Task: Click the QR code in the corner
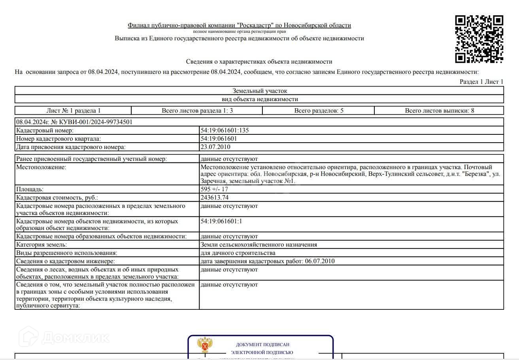(479, 39)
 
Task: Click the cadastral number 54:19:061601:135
(225, 130)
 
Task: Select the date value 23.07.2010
(215, 147)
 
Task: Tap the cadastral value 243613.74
(214, 198)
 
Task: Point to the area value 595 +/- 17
(214, 189)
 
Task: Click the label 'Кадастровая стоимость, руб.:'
(57, 198)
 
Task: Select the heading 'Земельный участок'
(259, 91)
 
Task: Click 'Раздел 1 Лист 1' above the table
(481, 82)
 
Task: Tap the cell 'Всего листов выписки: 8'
(439, 111)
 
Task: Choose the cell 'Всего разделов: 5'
(319, 111)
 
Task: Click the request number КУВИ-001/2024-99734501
(74, 122)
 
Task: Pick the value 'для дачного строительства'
(238, 253)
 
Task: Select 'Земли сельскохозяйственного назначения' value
(259, 245)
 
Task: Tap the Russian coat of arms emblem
(205, 345)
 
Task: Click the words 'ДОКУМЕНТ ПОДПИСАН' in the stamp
(262, 345)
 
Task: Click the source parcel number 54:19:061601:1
(221, 221)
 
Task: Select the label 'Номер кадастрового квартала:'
(59, 139)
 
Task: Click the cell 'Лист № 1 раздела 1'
(74, 111)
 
